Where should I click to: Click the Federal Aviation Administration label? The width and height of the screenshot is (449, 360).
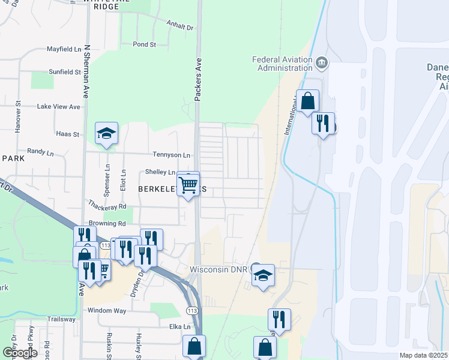pos(282,64)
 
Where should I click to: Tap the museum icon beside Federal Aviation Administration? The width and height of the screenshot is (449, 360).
pos(322,62)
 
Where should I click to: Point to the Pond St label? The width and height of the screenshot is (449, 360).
pos(144,44)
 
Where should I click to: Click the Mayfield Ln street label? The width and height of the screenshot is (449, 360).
pos(64,49)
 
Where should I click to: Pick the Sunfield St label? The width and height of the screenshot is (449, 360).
pos(64,72)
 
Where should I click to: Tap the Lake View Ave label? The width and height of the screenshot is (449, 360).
pos(58,107)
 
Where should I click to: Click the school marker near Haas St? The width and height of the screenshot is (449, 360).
pos(106,134)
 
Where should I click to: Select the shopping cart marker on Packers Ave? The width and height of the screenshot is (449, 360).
pos(188,185)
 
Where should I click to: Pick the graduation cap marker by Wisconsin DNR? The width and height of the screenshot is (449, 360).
pos(263,276)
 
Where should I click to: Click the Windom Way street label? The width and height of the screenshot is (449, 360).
pos(107,311)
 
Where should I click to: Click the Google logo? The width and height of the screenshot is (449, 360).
pos(20,353)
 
